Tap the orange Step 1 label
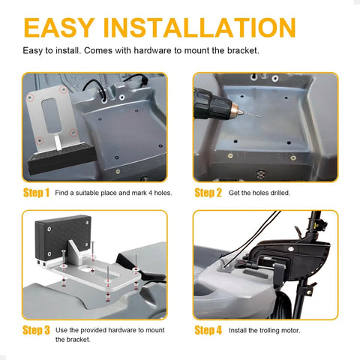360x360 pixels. (x=35, y=193)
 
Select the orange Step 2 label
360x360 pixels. (x=208, y=193)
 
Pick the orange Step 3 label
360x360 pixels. (x=35, y=329)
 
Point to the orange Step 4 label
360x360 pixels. (x=208, y=329)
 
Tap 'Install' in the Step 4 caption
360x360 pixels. (x=238, y=329)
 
